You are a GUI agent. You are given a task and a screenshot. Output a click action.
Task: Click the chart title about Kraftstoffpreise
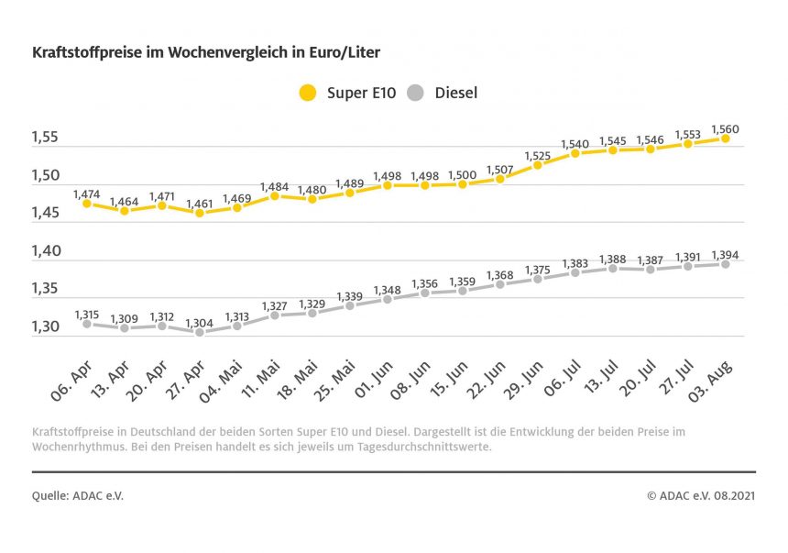[x=205, y=53]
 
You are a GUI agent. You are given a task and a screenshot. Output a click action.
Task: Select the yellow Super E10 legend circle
[x=308, y=93]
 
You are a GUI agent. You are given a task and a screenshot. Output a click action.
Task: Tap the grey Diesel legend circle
[x=416, y=93]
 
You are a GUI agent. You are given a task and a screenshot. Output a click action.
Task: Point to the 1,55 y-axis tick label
[x=45, y=138]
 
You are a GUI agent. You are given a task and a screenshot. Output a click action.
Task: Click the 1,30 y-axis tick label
[x=45, y=326]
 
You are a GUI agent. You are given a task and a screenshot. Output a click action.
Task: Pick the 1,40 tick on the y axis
[x=45, y=251]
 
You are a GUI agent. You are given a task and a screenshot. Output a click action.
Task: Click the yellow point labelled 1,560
[x=725, y=138]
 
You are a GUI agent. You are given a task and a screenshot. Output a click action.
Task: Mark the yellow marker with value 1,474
[x=87, y=204]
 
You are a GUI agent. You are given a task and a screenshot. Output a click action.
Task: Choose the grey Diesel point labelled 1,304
[x=200, y=332]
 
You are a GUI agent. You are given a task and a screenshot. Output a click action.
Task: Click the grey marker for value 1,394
[x=725, y=264]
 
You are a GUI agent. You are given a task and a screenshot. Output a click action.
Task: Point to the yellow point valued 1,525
[x=538, y=165]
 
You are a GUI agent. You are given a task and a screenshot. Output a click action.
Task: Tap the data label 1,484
[x=275, y=187]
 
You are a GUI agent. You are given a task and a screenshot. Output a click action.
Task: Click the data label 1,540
[x=575, y=144]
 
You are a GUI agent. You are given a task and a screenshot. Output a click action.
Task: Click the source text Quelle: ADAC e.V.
[x=78, y=495]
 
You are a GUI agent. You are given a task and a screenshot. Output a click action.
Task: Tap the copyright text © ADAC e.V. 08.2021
[x=701, y=495]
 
